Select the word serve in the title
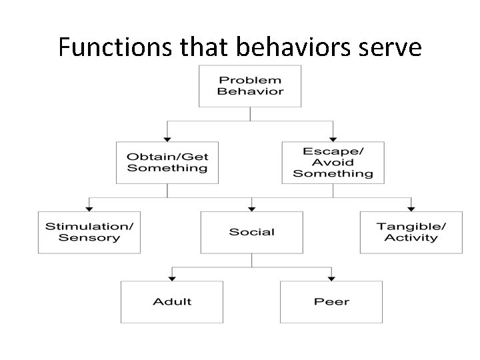click(x=387, y=48)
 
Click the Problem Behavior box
click(x=250, y=85)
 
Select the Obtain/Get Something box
click(x=167, y=162)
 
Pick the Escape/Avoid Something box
click(x=333, y=162)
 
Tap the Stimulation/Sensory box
click(x=89, y=232)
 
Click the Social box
click(x=251, y=232)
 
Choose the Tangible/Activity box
click(x=411, y=232)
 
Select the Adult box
click(x=172, y=301)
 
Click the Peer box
click(x=331, y=301)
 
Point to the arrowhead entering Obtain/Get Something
click(x=167, y=137)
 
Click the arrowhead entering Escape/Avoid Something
click(x=333, y=137)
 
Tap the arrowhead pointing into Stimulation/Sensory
click(x=89, y=207)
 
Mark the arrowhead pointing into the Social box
click(x=251, y=207)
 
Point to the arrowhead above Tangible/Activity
click(x=411, y=207)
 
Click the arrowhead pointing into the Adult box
click(x=172, y=277)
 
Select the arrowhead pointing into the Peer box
click(x=331, y=277)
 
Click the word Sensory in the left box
click(x=89, y=238)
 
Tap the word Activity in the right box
click(x=411, y=238)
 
